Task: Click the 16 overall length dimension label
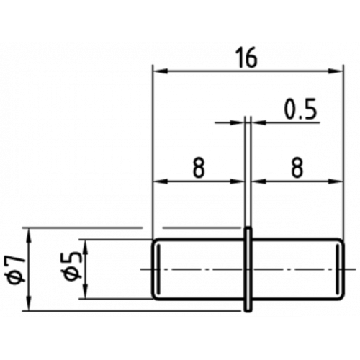click(248, 58)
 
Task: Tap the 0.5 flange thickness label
click(300, 109)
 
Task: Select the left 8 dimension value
click(199, 168)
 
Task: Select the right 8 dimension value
click(297, 168)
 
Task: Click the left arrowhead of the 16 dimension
click(160, 71)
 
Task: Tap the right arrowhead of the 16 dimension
click(336, 71)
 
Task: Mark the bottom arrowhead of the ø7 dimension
click(29, 304)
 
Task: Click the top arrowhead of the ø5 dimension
click(86, 247)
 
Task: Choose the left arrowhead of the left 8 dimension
click(160, 181)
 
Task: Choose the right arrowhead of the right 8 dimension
click(336, 181)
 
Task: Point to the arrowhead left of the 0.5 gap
click(237, 122)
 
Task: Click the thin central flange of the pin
click(248, 269)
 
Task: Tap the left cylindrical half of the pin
click(199, 269)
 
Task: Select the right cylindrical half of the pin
click(297, 269)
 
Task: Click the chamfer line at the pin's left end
click(158, 269)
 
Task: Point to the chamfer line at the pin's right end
click(338, 269)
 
